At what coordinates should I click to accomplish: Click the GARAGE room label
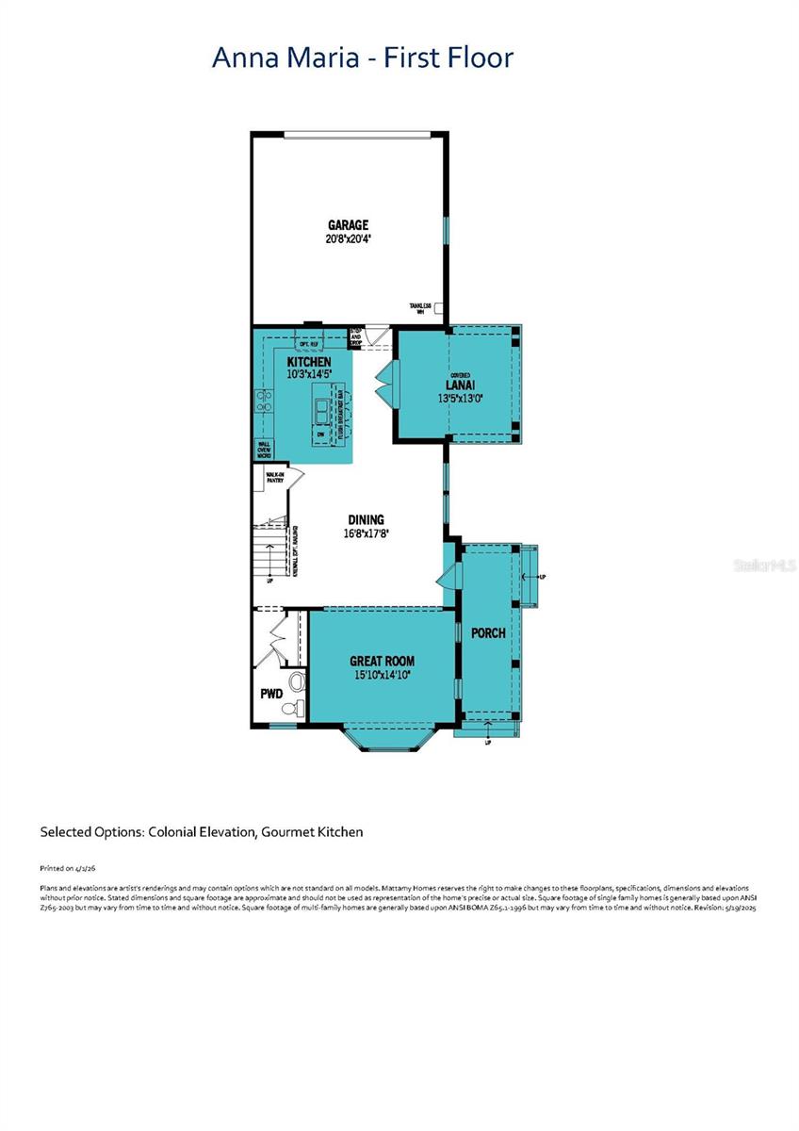(348, 224)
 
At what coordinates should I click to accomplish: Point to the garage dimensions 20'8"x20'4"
(348, 238)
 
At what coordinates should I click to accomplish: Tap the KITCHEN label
(308, 362)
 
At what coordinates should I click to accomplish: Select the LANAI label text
(459, 385)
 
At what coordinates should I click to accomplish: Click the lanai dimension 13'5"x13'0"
(459, 398)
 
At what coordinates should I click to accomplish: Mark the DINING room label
(366, 519)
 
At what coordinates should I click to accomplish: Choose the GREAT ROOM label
(382, 661)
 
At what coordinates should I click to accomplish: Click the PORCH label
(488, 632)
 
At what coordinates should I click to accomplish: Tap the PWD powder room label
(271, 694)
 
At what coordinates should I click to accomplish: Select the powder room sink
(296, 680)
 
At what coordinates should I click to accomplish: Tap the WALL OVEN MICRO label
(264, 451)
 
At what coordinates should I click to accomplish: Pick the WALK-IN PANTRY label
(274, 478)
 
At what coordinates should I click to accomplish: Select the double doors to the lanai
(384, 383)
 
